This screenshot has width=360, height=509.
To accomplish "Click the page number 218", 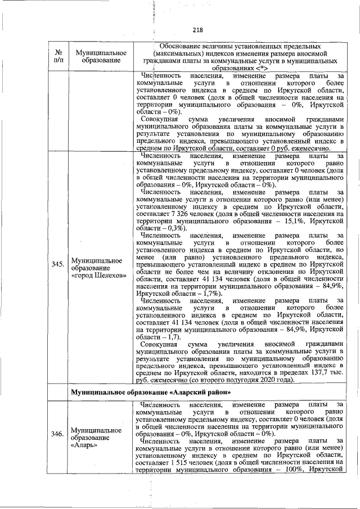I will pyautogui.click(x=197, y=30).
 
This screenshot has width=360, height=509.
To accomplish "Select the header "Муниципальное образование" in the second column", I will pyautogui.click(x=97, y=56).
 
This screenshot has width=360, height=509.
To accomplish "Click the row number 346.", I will pyautogui.click(x=57, y=434).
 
